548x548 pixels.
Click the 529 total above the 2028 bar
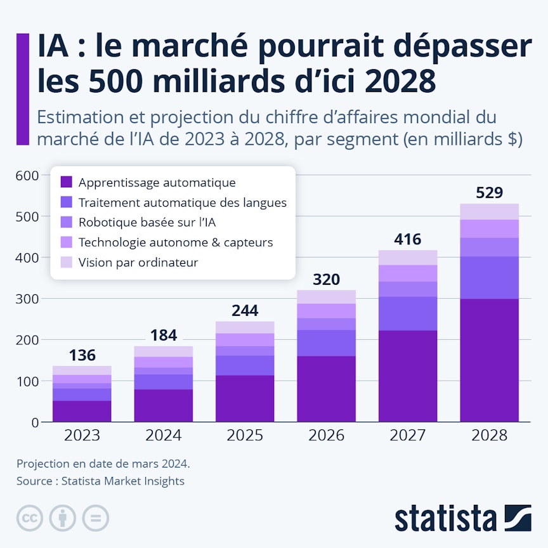coord(489,193)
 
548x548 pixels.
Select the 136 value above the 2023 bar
coord(82,355)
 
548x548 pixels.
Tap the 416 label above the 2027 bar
coord(408,239)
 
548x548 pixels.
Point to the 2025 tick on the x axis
coord(245,436)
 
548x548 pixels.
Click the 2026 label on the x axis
coord(326,436)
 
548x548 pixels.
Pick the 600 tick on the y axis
coord(27,175)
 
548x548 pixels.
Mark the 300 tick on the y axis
coord(27,299)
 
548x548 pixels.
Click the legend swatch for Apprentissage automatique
coord(66,183)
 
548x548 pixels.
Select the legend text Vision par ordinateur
coord(138,262)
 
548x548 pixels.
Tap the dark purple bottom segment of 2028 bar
coord(489,360)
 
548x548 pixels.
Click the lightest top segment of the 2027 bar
coord(408,258)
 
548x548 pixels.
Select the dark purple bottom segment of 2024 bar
coord(163,405)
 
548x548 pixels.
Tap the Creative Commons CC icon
coord(29,518)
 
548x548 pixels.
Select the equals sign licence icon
coord(96,518)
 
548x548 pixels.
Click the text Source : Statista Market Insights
coord(100,481)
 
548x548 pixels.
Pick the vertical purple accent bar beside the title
coord(23,89)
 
